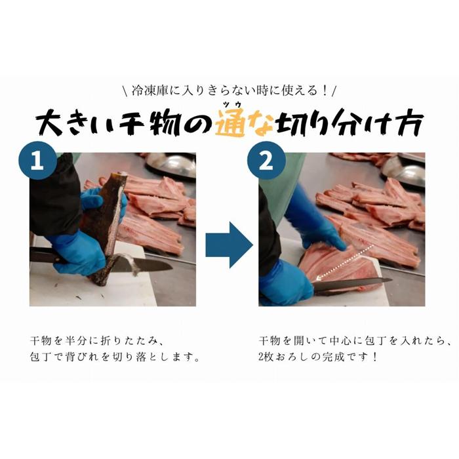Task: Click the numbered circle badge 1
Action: tap(38, 161)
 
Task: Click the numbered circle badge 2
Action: tap(266, 161)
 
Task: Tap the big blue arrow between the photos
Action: tap(229, 245)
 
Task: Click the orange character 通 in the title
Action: tap(230, 125)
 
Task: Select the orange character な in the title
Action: tap(260, 125)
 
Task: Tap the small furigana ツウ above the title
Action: tap(233, 104)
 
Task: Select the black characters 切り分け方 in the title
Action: tap(350, 124)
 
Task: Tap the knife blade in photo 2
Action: tap(351, 285)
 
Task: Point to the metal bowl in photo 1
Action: tap(171, 165)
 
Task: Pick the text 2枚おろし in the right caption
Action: tap(284, 357)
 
